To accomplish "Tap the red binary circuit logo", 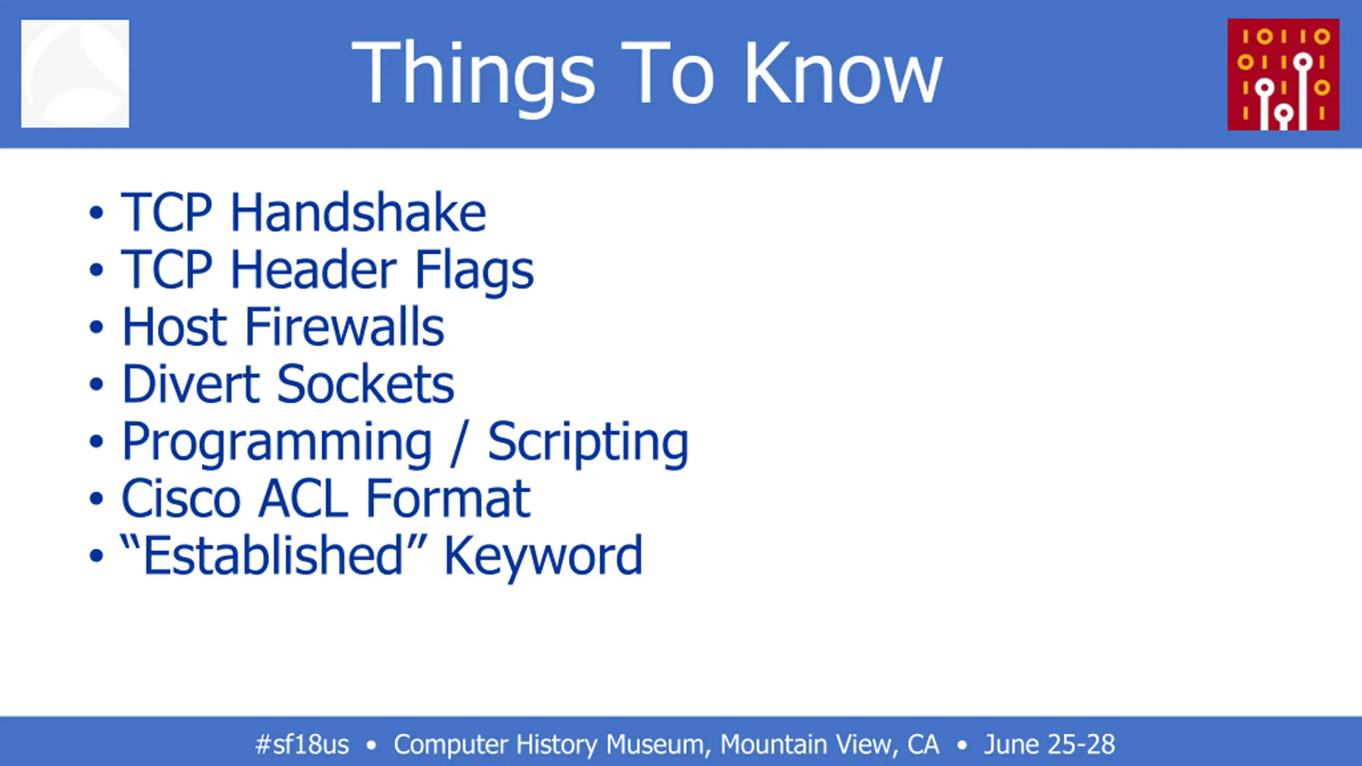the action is [x=1283, y=74].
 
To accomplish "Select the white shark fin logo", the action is [x=75, y=74].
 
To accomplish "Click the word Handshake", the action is [x=358, y=212].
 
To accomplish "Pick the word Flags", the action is [x=474, y=272].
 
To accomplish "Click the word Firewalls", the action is [x=344, y=327].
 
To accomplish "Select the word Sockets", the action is [x=366, y=384].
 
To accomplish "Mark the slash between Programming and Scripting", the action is [x=459, y=443].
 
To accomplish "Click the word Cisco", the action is [x=181, y=498].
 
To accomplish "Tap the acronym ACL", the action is [x=303, y=498].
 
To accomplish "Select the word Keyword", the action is [x=543, y=557].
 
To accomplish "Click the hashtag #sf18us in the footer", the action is [x=302, y=744].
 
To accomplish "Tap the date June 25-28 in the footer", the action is [x=1049, y=744].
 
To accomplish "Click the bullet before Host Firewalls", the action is [x=96, y=327].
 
